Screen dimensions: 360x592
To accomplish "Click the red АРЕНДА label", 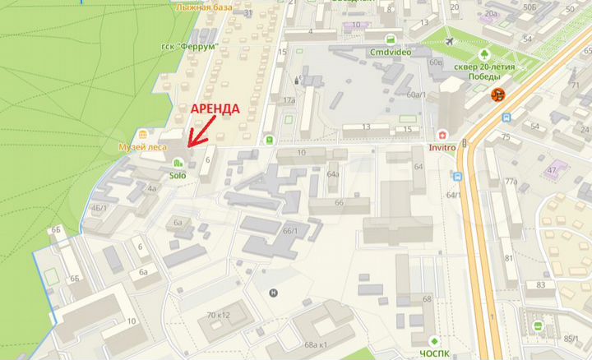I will click(x=216, y=109).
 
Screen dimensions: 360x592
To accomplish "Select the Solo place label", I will click(x=178, y=175).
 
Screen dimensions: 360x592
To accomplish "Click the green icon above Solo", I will click(x=178, y=163).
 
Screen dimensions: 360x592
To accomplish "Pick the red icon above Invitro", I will click(x=442, y=135).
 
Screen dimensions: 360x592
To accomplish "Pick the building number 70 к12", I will click(x=220, y=315).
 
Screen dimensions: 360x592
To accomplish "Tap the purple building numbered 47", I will click(x=552, y=171).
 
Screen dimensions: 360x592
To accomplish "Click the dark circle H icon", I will click(x=274, y=292).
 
